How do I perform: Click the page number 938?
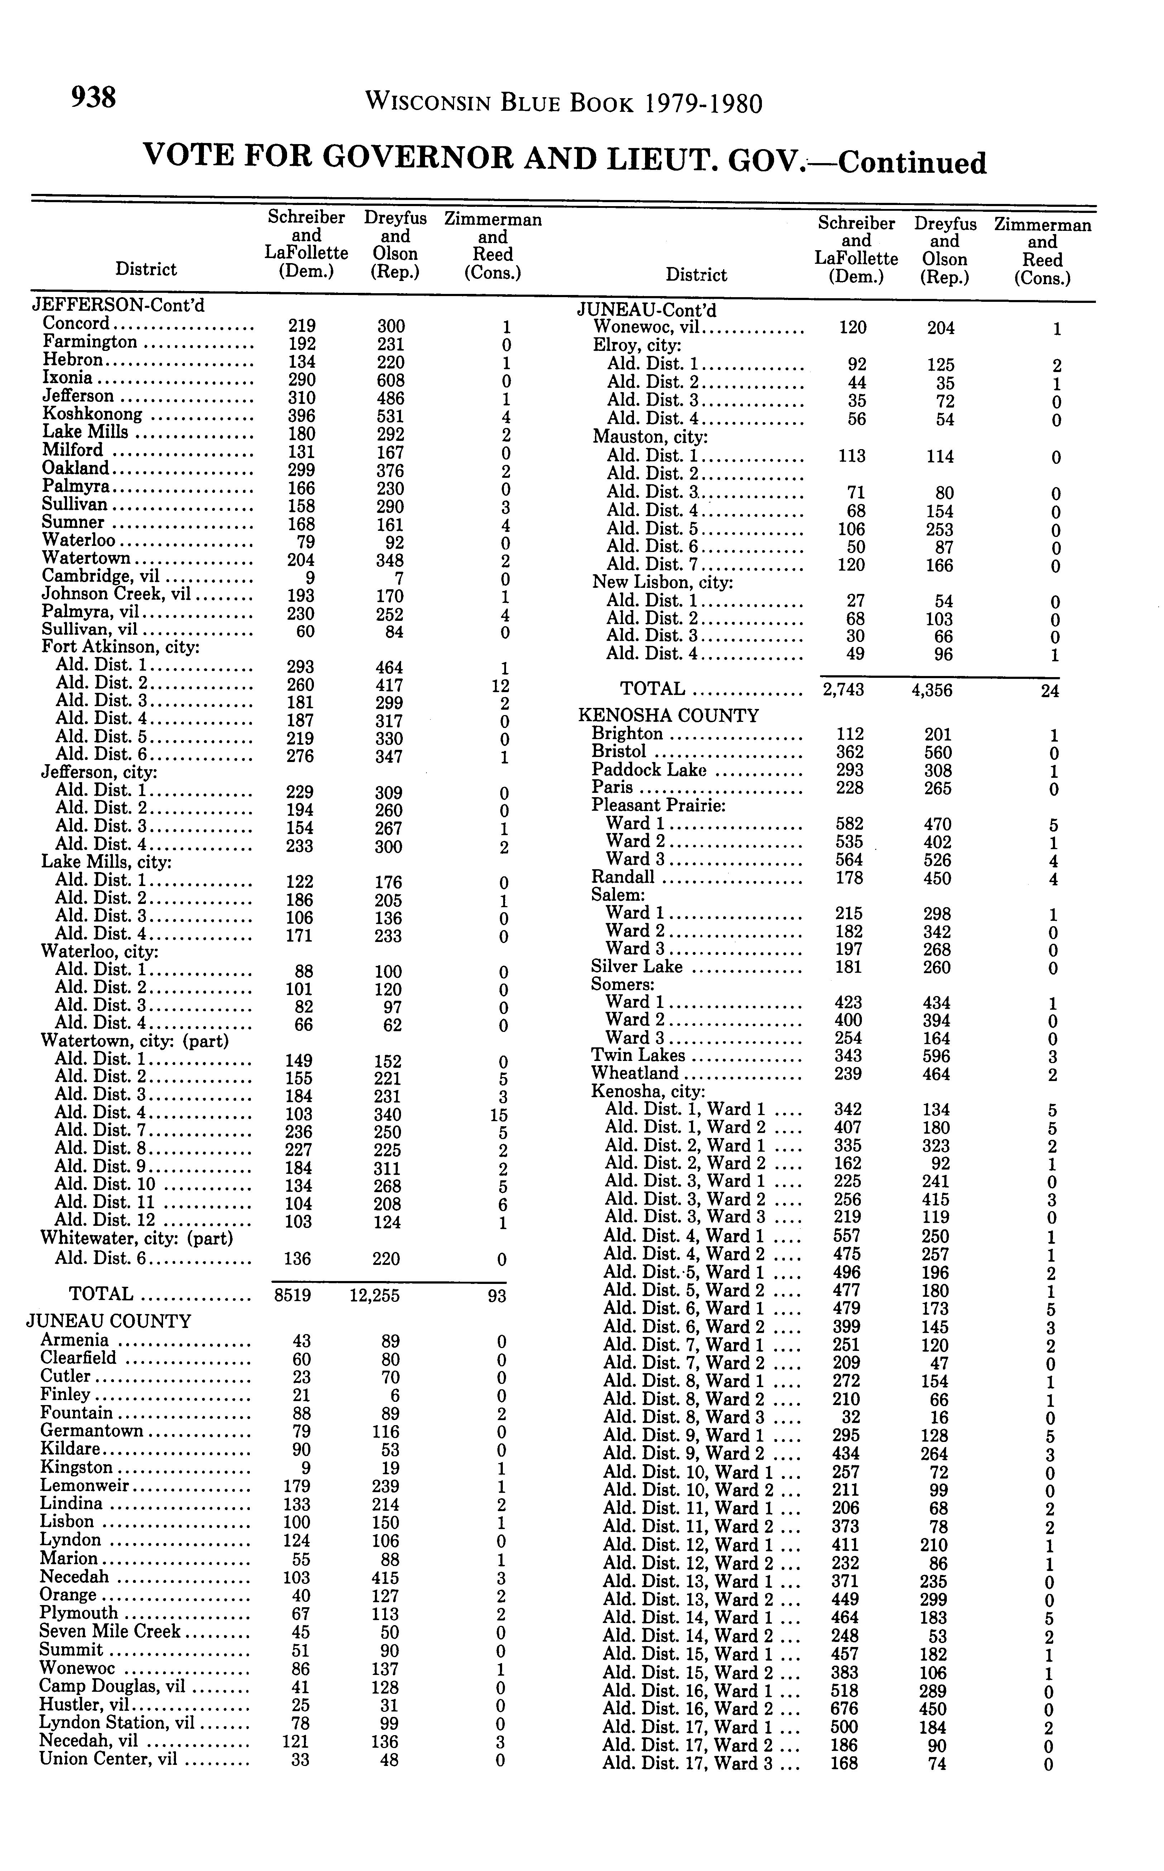point(93,98)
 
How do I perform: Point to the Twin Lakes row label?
point(638,1056)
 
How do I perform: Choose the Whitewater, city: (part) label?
point(136,1238)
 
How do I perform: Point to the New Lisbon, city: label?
point(662,582)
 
